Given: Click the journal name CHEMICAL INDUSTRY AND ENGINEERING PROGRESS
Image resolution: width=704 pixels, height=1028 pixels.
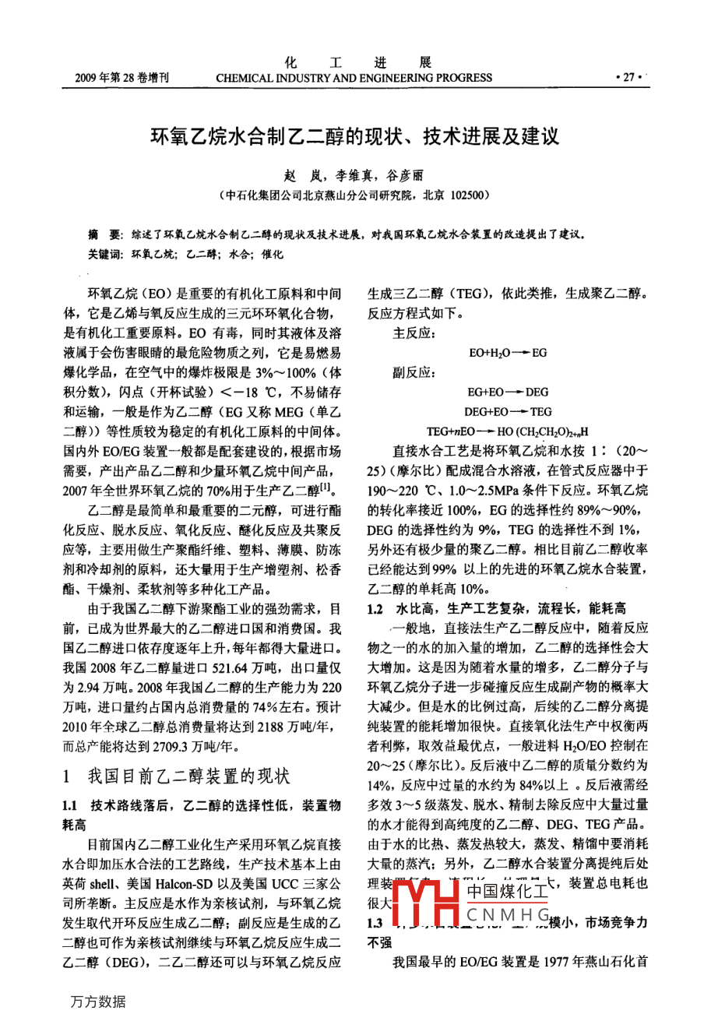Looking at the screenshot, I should coord(354,78).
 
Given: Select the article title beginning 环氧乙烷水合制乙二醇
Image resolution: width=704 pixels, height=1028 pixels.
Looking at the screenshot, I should coord(354,138).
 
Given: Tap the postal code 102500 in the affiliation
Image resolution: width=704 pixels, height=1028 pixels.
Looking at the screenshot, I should coord(468,195).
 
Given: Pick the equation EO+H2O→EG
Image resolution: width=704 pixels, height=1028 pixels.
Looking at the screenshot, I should coord(508,353).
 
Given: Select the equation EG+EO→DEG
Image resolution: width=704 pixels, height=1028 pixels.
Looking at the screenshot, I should coord(508,392).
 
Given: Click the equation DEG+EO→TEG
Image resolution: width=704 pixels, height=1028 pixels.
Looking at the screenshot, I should coord(508,411).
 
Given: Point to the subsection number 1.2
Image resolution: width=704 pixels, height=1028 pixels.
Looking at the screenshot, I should coord(375,609).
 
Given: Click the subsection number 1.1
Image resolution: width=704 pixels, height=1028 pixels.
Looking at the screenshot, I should coord(70,805).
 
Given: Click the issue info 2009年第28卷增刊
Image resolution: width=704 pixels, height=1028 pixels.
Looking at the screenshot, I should coord(122,78).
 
